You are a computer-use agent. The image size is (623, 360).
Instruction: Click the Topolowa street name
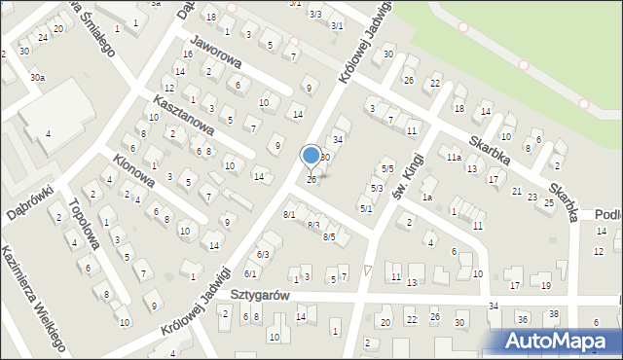86,224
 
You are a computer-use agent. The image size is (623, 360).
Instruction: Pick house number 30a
37,77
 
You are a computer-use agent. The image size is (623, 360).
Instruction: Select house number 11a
453,157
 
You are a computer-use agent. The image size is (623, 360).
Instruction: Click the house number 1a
426,198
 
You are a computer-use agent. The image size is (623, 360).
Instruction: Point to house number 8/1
289,214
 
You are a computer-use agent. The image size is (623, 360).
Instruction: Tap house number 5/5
387,169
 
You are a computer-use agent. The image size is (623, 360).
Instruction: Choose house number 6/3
263,254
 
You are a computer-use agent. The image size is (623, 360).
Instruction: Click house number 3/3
314,14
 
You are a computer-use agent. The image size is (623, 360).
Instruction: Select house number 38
553,314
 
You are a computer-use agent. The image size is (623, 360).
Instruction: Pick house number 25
549,202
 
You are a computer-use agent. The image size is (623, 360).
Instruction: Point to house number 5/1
366,208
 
